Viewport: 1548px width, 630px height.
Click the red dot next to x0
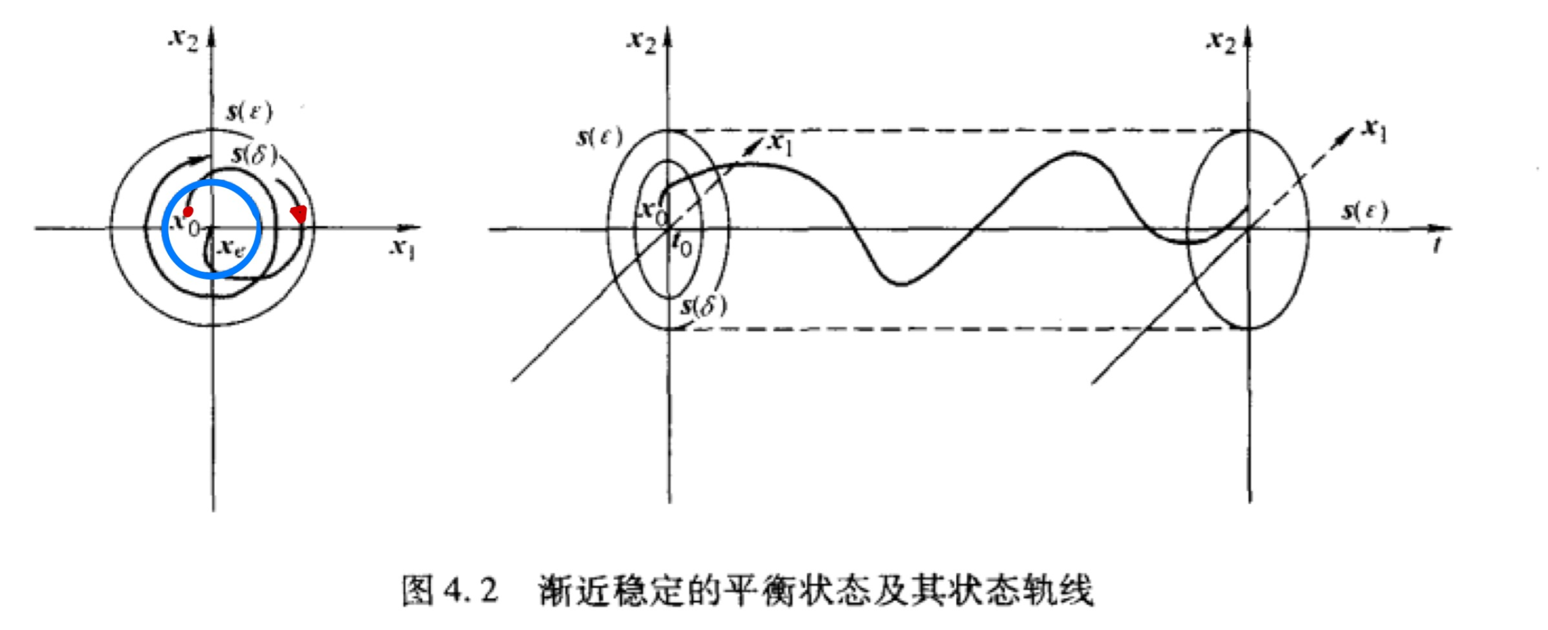click(x=188, y=211)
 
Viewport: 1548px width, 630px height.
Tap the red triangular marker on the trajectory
click(x=299, y=213)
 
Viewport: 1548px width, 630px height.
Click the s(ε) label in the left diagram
click(x=250, y=112)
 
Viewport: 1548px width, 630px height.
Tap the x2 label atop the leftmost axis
click(x=184, y=40)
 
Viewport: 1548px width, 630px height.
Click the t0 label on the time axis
click(x=682, y=245)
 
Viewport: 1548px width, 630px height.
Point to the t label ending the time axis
click(x=1437, y=245)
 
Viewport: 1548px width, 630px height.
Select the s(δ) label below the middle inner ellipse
click(x=703, y=306)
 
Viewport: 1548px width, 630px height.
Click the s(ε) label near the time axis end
click(x=1365, y=211)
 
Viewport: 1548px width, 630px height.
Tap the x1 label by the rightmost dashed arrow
click(x=1374, y=130)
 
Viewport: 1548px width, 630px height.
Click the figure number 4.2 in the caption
click(x=470, y=589)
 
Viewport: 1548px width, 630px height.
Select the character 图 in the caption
click(x=418, y=589)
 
